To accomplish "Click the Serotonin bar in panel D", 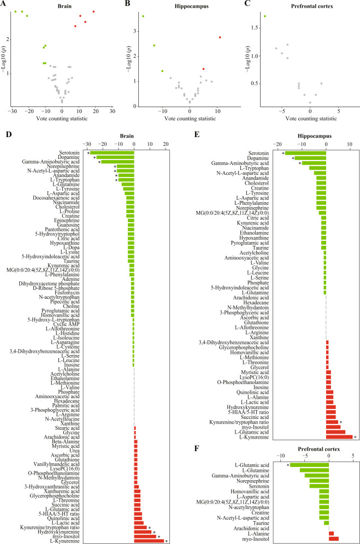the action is click(112, 152).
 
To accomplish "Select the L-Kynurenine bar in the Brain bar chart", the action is click(149, 541).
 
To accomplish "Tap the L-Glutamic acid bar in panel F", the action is click(309, 465).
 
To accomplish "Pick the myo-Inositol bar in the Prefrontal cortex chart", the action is click(334, 539).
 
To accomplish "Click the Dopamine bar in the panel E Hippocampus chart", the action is click(310, 158).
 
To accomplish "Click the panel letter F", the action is click(197, 448).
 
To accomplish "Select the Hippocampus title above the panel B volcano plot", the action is click(192, 6).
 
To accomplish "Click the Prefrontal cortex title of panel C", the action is click(312, 6).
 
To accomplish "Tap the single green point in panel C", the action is click(265, 16).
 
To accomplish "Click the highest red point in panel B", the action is click(220, 37).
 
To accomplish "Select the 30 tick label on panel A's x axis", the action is click(112, 111).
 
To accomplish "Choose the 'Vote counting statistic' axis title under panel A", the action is click(62, 119).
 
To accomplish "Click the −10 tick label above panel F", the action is click(280, 456).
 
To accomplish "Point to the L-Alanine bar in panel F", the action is click(331, 534).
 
